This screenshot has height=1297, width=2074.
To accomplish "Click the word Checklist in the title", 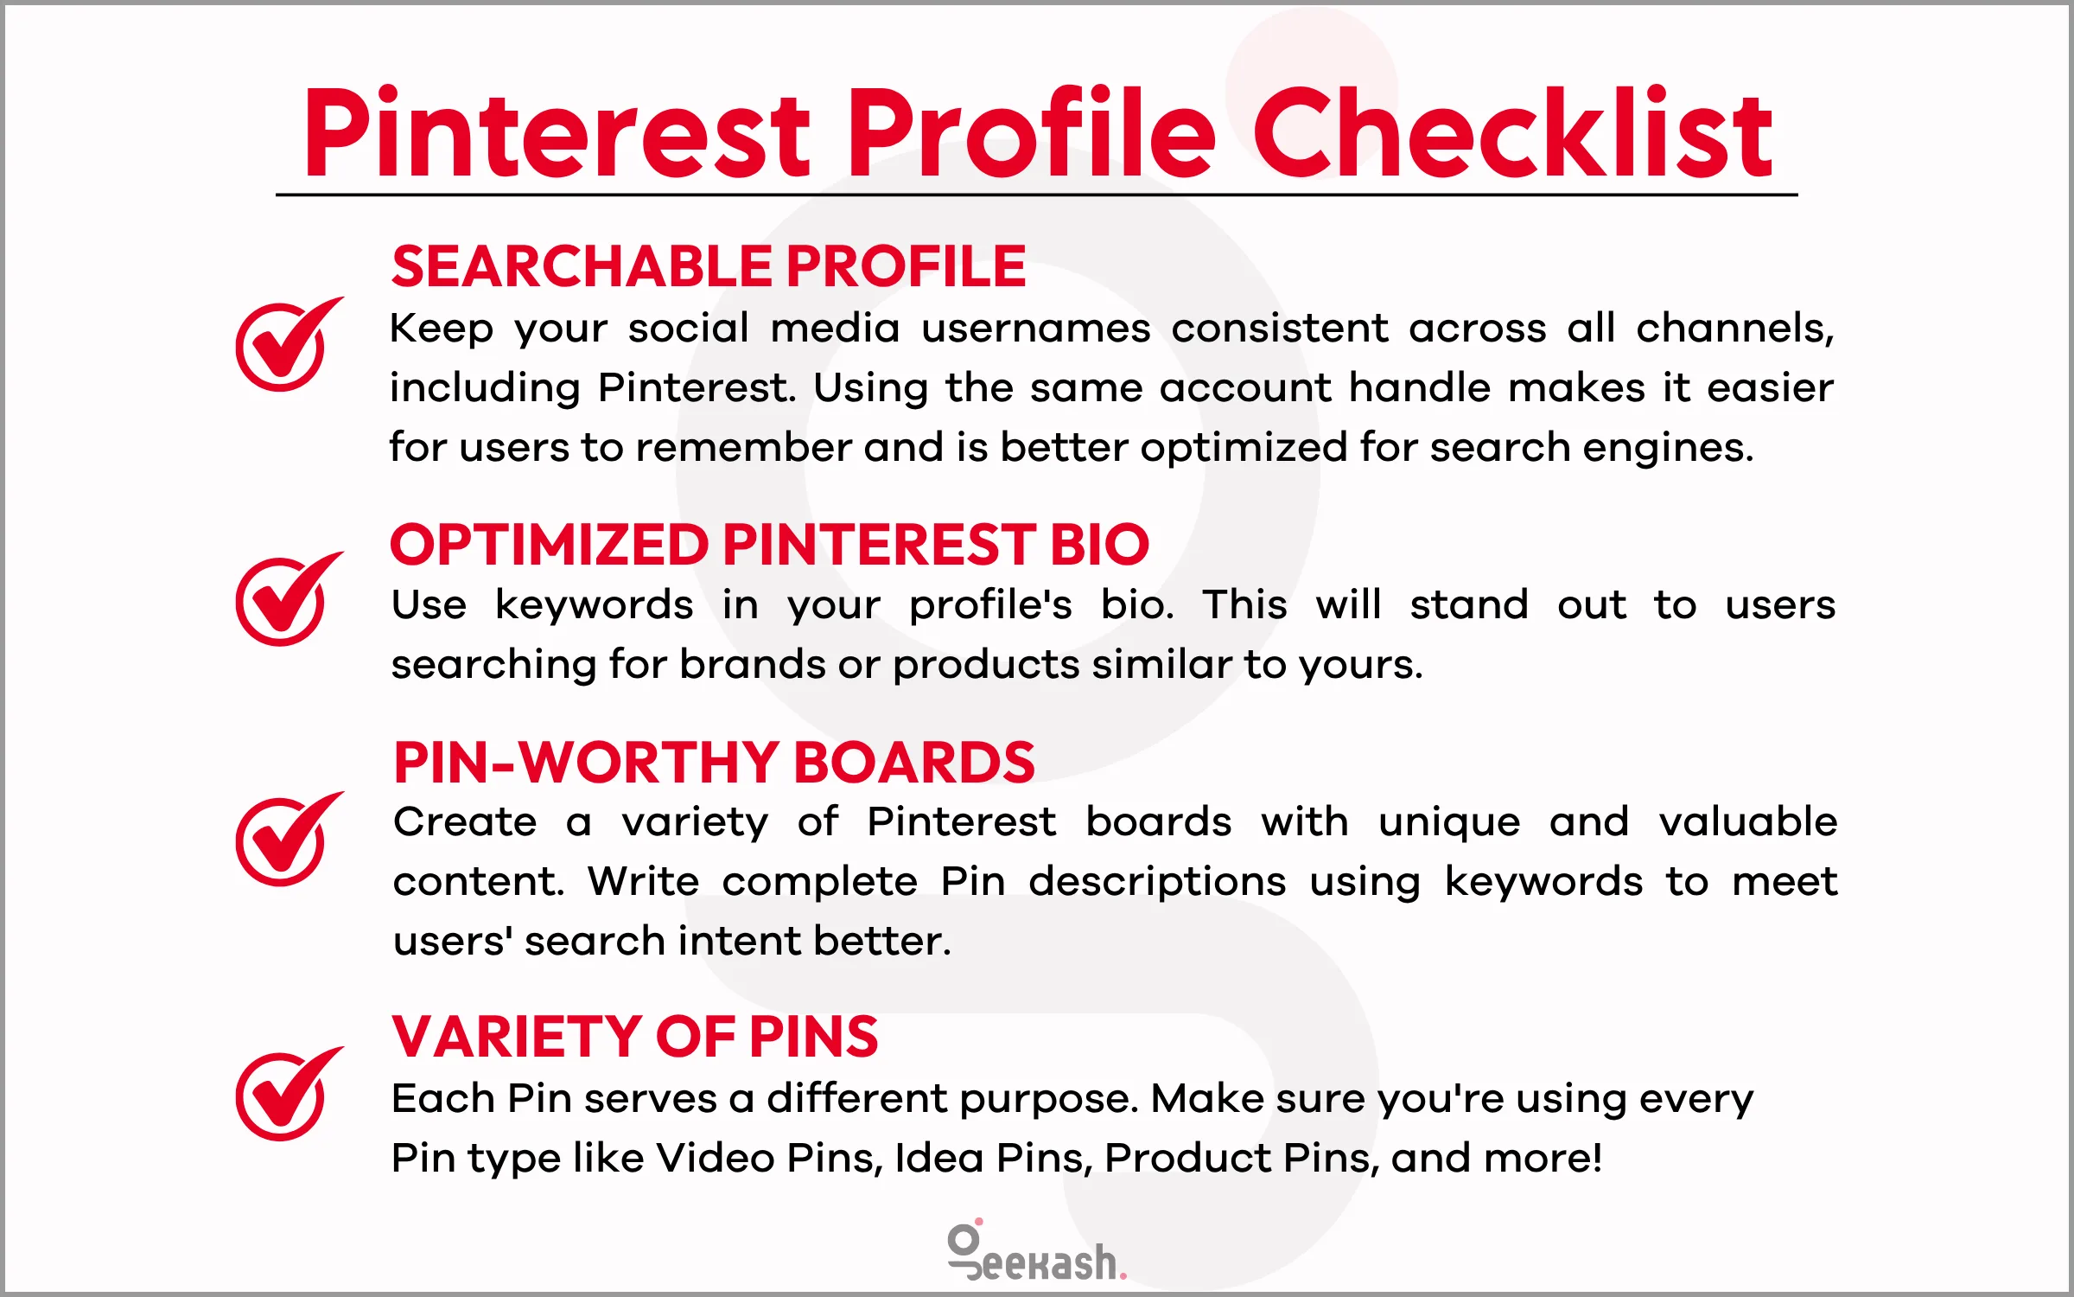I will [x=1512, y=134].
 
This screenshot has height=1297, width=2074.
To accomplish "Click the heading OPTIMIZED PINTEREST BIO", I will [x=769, y=545].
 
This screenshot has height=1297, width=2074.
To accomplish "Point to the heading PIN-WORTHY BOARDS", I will [x=714, y=763].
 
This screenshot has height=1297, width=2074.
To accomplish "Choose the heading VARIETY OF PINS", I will [x=634, y=1037].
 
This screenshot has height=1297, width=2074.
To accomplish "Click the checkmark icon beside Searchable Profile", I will [x=285, y=345].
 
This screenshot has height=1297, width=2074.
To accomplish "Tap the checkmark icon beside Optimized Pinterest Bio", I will [x=285, y=599].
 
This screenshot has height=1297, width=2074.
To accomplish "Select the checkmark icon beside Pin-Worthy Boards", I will [x=285, y=840].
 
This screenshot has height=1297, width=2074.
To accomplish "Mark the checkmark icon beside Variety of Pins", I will [x=285, y=1095].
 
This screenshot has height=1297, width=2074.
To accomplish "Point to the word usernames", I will [x=1035, y=329].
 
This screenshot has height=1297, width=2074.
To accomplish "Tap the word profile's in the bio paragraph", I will [x=990, y=604].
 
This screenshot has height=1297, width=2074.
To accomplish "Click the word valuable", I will [x=1747, y=821].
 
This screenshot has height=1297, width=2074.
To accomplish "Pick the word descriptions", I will [x=1156, y=882].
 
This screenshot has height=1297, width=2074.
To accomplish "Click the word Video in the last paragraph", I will [x=715, y=1158].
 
